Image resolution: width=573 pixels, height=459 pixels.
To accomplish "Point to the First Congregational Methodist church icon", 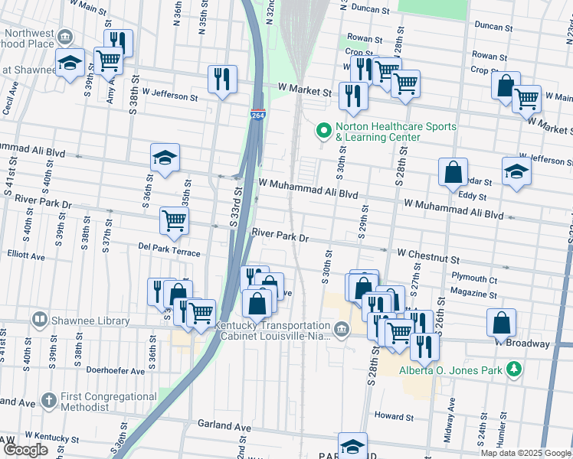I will [48, 400].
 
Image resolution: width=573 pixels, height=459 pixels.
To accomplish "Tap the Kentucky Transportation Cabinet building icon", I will [341, 330].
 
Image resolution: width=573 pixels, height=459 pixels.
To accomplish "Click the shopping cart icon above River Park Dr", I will [174, 220].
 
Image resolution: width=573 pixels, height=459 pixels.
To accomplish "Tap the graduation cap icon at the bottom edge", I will [352, 445].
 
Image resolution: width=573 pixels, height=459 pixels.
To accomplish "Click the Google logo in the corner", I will [26, 450].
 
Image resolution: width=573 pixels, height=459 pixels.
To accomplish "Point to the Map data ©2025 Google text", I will [526, 453].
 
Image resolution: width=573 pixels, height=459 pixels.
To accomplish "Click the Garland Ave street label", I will [224, 425].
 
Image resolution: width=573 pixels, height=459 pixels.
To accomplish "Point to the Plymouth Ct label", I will [474, 279].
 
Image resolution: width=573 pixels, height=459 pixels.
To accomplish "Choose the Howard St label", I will [394, 417].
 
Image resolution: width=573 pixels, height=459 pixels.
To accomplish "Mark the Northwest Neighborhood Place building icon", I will [66, 37].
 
